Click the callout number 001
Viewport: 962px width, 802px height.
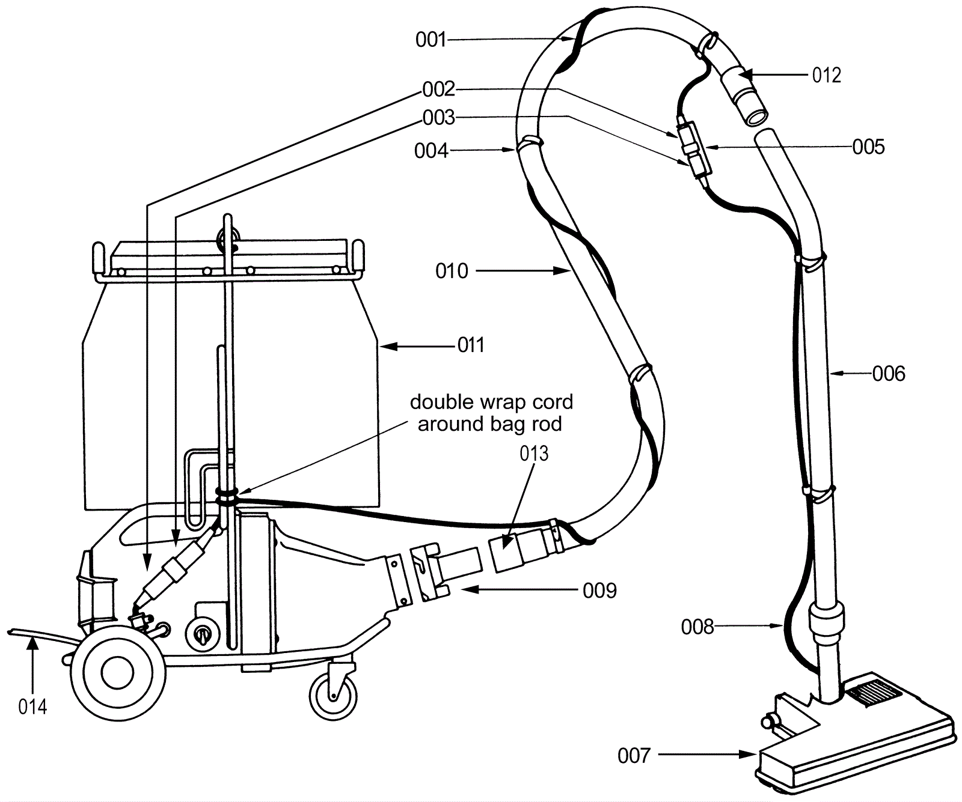[430, 40]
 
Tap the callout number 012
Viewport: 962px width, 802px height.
[826, 75]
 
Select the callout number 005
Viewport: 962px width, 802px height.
[868, 147]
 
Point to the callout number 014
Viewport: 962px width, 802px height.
[32, 707]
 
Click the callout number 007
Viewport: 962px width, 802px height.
[634, 755]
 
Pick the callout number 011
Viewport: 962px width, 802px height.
[471, 345]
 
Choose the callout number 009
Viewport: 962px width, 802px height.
[599, 591]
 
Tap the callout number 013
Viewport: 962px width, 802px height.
[534, 454]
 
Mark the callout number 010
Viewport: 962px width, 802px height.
[452, 272]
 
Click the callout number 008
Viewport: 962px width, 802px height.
[697, 627]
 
